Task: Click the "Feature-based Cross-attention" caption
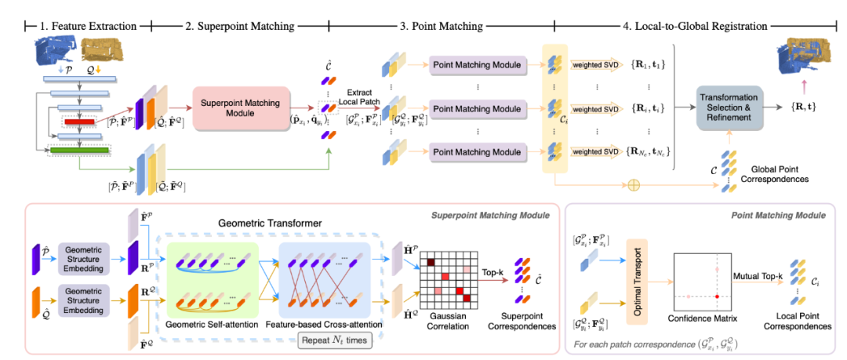[324, 324]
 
